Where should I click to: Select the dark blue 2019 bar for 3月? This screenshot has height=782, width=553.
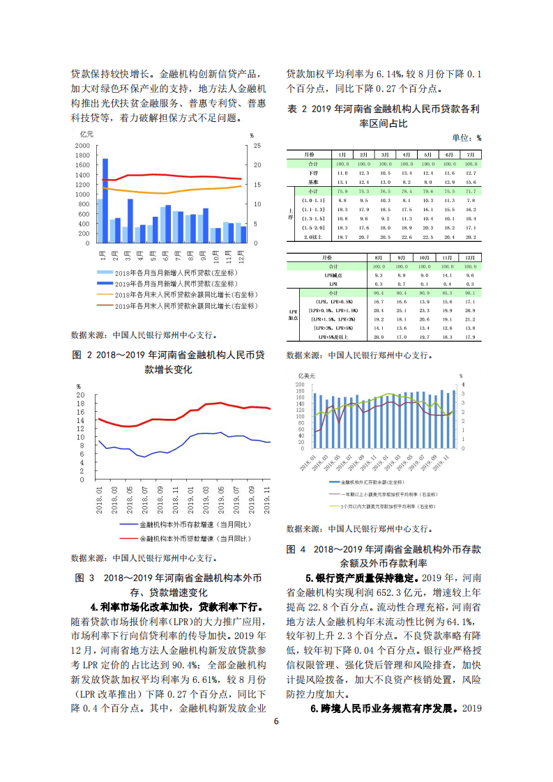point(130,221)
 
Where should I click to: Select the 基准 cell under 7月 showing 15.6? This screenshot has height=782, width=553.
point(471,181)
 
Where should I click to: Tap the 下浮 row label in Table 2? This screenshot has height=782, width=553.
point(312,172)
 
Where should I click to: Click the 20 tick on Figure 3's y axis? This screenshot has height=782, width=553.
point(80,394)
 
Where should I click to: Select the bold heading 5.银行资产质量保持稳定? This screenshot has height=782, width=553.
point(361,578)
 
